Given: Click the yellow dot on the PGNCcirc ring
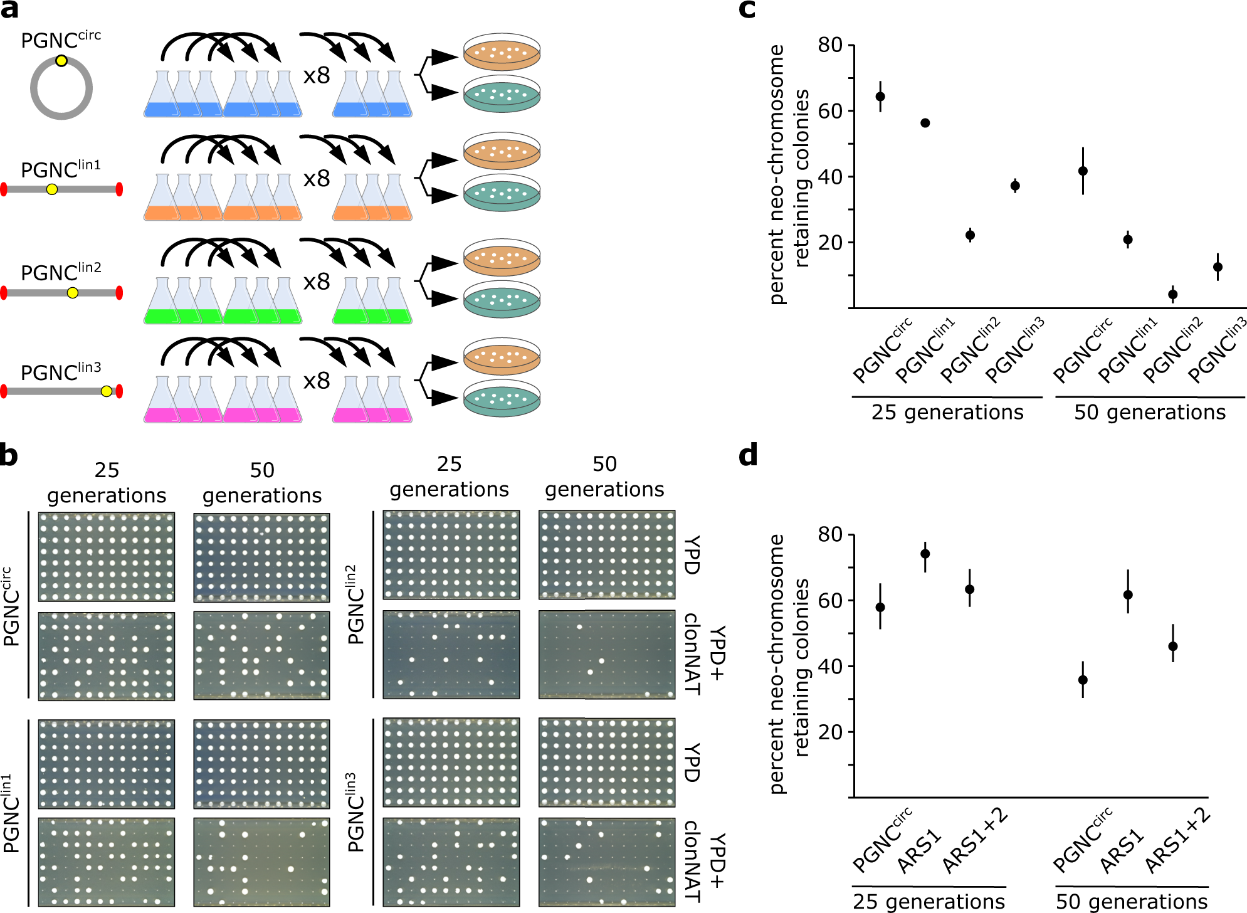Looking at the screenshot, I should (x=61, y=61).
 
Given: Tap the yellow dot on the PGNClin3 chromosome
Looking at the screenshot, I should (x=107, y=391).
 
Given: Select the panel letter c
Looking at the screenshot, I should (x=747, y=9).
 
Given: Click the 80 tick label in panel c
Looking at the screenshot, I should (x=829, y=45).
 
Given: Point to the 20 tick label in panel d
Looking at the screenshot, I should (x=829, y=732).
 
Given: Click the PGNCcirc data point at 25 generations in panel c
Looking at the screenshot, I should (x=880, y=97).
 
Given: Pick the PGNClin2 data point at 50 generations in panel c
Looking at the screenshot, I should (x=1172, y=294).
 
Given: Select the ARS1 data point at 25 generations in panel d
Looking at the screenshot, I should (x=925, y=554).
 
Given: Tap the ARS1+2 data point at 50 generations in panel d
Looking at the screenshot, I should (x=1172, y=646).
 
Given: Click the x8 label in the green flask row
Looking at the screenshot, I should (x=317, y=282).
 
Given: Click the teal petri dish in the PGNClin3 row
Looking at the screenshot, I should (x=502, y=398).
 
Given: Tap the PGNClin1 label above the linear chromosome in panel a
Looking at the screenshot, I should (x=60, y=169).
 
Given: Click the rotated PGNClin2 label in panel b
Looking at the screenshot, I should (x=356, y=605).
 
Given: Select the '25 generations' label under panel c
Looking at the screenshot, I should (x=947, y=412).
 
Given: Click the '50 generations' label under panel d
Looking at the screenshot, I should (x=1131, y=901).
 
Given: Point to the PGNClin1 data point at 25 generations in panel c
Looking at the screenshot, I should (x=925, y=123).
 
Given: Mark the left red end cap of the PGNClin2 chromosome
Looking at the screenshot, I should (x=4, y=293).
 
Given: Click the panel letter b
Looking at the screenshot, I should (x=9, y=455).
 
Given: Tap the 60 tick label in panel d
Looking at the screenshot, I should (x=829, y=601).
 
